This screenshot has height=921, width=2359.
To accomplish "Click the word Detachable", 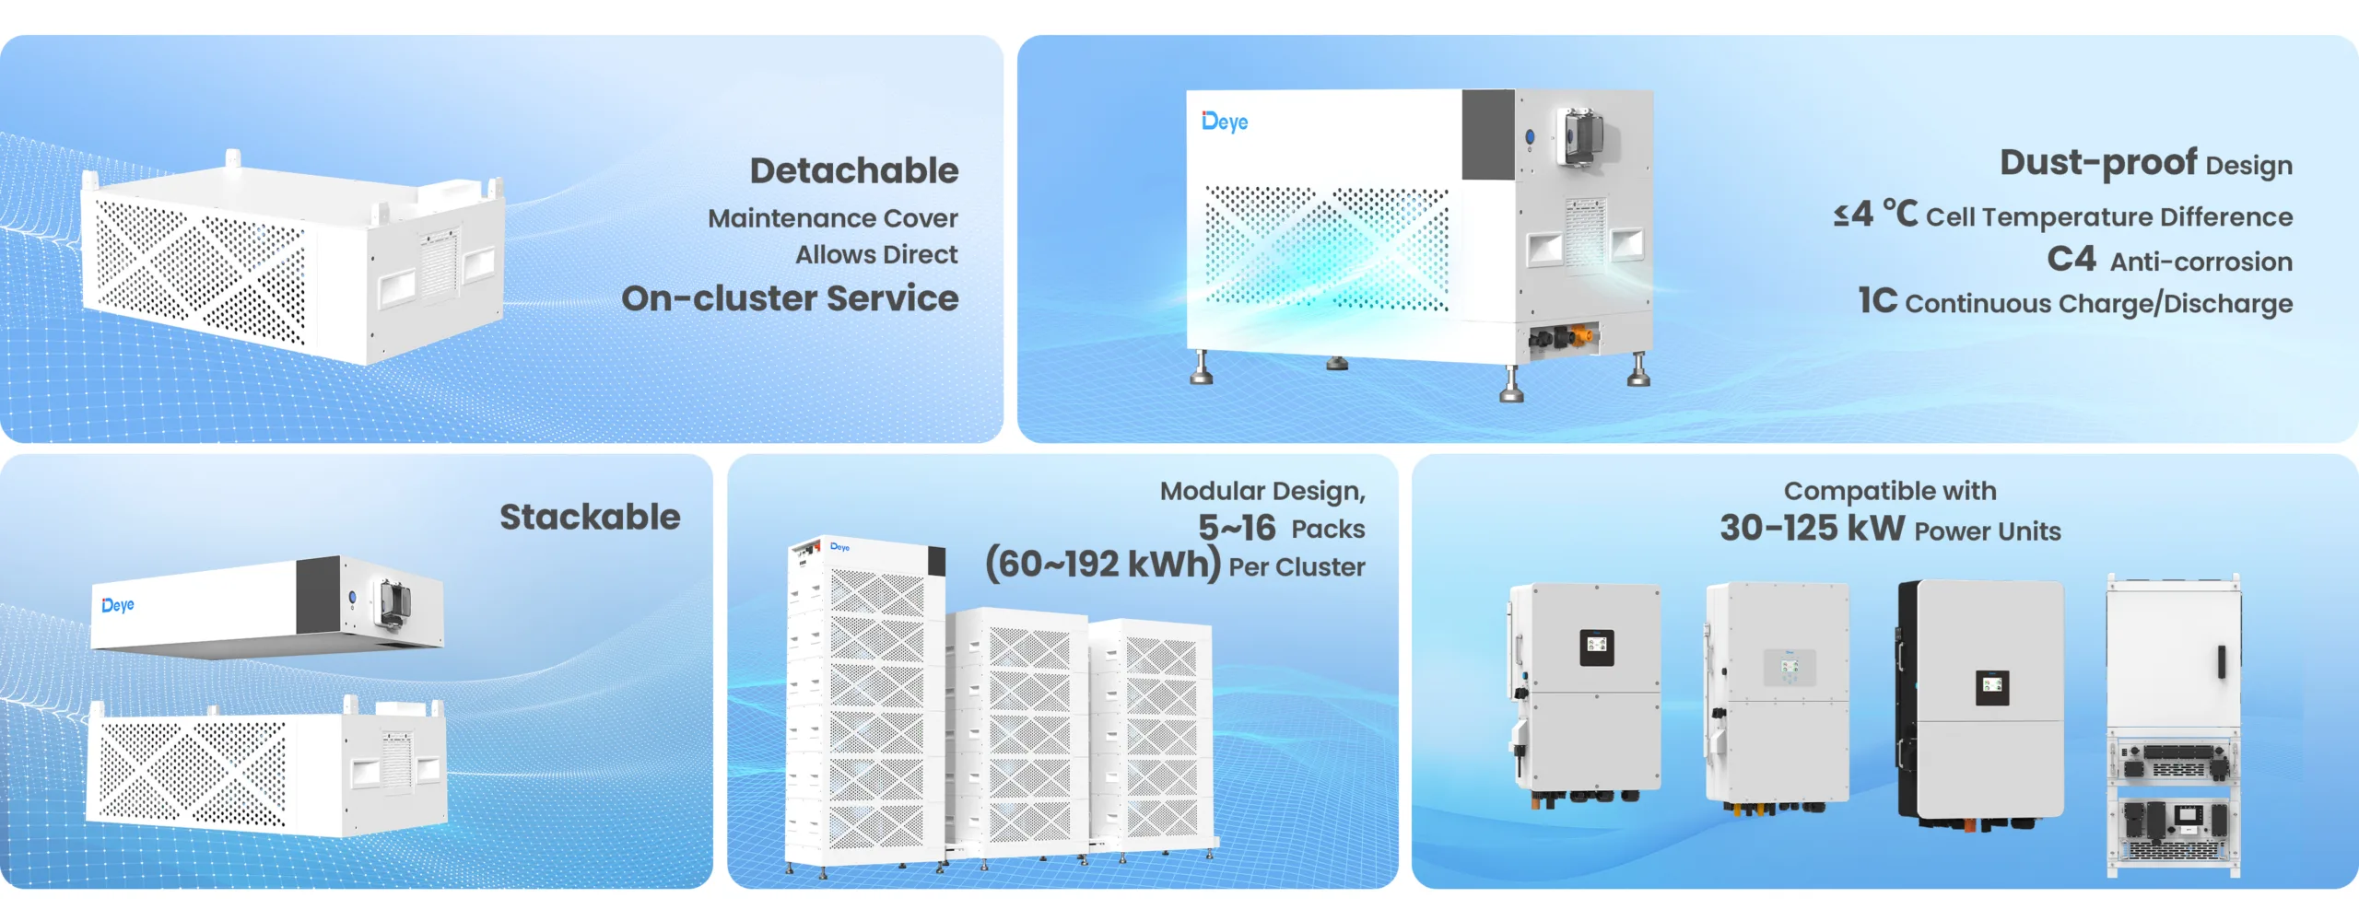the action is tap(854, 170).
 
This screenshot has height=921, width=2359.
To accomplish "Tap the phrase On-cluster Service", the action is tap(790, 298).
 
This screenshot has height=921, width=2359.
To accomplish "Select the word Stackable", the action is tap(590, 517).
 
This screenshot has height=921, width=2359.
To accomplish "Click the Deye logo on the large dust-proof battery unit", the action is tap(1225, 122).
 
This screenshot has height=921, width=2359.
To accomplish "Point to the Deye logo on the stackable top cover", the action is tap(118, 605).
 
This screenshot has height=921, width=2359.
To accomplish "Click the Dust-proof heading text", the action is tap(2098, 163).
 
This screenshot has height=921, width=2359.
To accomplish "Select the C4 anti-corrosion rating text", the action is tap(2071, 259).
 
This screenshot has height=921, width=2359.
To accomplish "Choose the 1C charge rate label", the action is tap(1878, 300).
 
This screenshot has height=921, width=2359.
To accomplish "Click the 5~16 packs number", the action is tap(1237, 528).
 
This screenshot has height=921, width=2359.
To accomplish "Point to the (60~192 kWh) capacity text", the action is tap(1103, 564).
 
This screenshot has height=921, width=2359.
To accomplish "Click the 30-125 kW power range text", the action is tap(1812, 528).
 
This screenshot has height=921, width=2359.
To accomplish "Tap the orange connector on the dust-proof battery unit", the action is tap(1581, 332).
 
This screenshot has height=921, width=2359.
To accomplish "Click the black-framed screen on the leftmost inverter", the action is tap(1597, 647).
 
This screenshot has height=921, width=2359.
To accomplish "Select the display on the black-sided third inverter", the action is tap(1992, 687).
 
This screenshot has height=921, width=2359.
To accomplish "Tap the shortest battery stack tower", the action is tap(1152, 737).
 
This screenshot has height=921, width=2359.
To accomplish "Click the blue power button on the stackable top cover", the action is tap(352, 598).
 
